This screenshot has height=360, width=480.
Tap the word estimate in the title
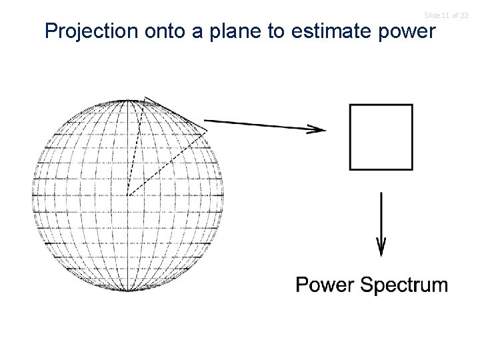tap(332, 31)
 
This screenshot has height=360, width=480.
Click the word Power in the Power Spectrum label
tap(325, 285)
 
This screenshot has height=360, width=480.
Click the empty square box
tap(381, 137)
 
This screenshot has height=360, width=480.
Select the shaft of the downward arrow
tap(381, 217)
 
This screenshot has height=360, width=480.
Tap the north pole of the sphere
tap(127, 100)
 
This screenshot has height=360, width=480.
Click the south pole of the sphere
tap(127, 291)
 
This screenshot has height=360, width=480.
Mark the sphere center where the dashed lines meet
tap(127, 195)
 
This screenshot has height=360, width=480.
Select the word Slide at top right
tap(431, 15)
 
